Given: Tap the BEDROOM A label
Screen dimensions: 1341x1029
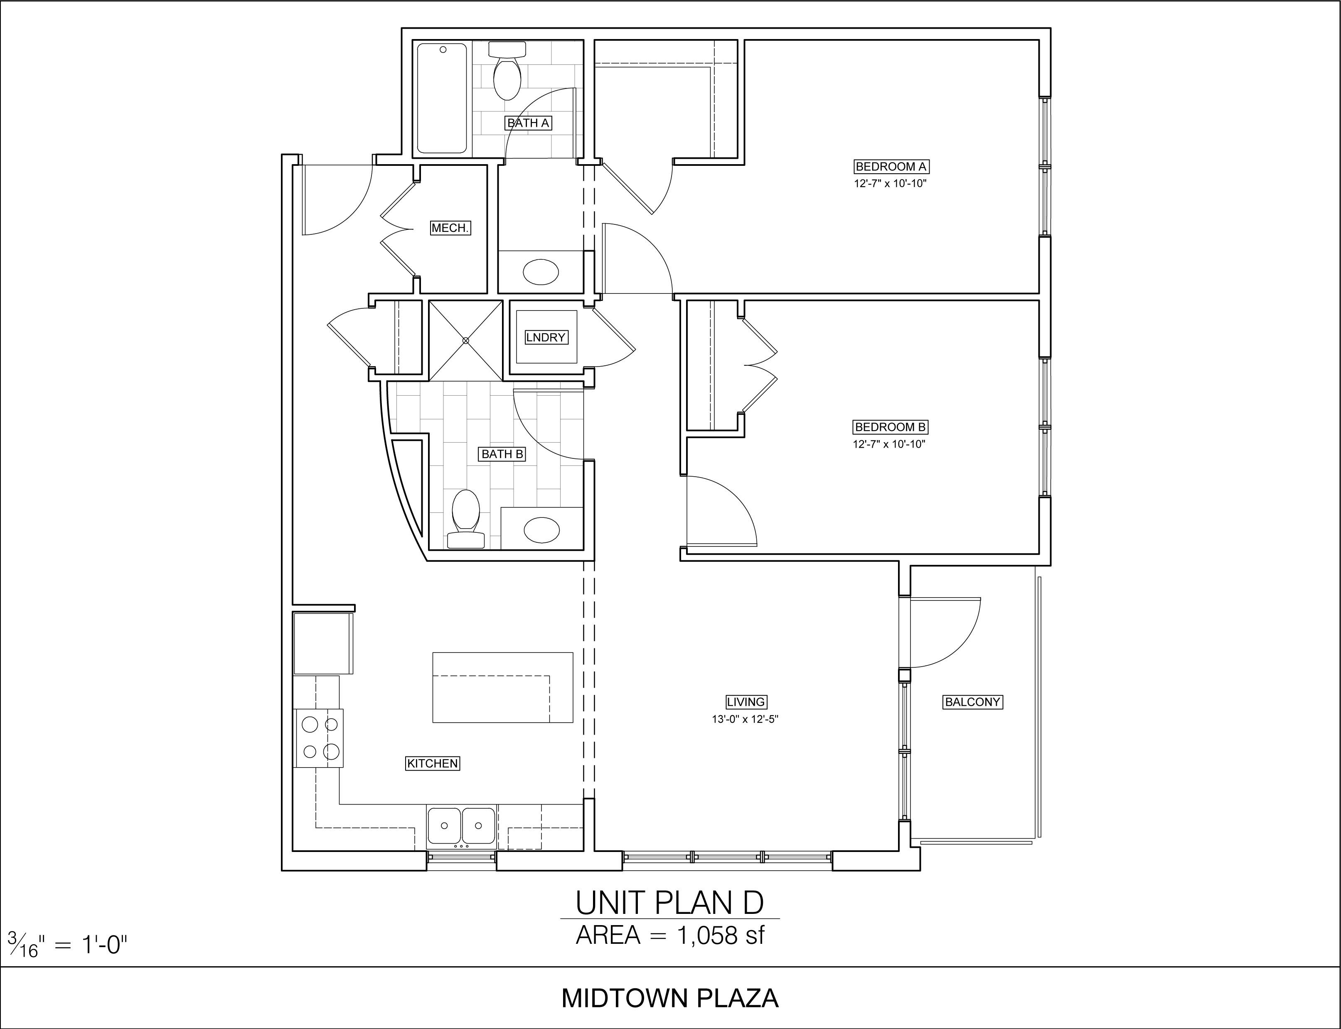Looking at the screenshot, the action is [x=891, y=167].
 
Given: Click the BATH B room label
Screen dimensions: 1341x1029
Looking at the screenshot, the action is [x=502, y=454].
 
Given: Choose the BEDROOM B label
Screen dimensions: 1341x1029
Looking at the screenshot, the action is [x=890, y=427].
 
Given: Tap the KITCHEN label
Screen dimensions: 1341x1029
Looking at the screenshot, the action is [x=432, y=763].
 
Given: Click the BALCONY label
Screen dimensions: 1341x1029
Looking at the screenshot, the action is [x=972, y=702].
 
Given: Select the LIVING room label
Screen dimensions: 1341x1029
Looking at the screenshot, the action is [x=746, y=702].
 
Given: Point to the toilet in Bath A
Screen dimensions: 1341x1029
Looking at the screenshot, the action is [x=507, y=71].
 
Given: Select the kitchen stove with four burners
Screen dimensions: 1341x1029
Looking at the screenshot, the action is [x=318, y=738].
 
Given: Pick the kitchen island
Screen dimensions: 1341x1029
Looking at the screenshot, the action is [x=503, y=687].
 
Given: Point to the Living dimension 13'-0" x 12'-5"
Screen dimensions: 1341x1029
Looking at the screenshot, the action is [x=745, y=720].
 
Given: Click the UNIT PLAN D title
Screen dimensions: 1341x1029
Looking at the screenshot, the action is [x=670, y=902].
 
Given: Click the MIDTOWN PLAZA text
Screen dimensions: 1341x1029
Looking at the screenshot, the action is [x=670, y=998].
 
